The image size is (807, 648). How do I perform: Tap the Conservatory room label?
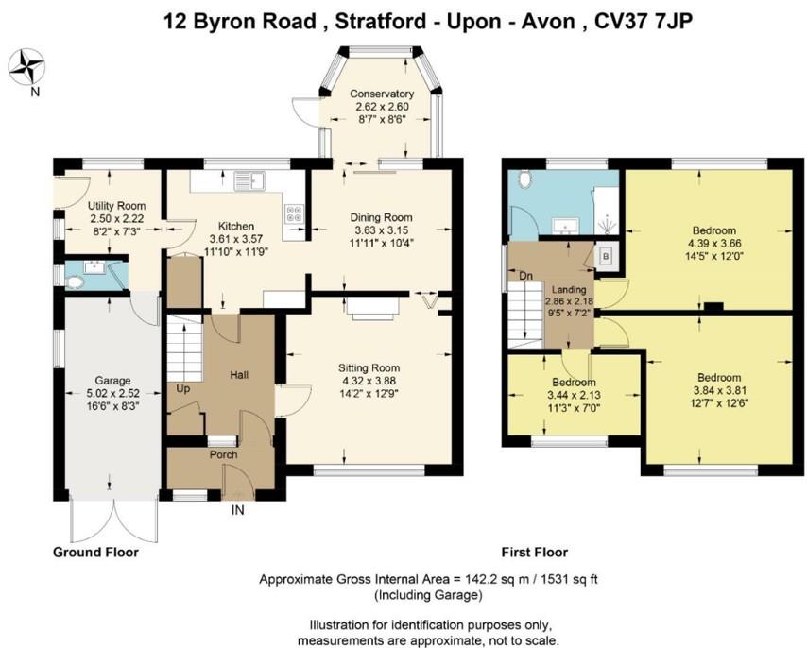tap(382, 94)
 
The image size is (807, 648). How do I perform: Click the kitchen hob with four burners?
tap(295, 214)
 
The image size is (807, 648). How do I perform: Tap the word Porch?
tap(224, 454)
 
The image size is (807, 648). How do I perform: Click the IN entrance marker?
tap(236, 510)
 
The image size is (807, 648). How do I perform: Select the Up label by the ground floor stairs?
tap(182, 388)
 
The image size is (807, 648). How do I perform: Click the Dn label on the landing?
tap(527, 276)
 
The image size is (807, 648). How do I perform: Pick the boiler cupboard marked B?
tap(605, 255)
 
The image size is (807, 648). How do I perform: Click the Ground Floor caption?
tap(95, 553)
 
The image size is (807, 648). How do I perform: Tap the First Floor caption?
tap(534, 553)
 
